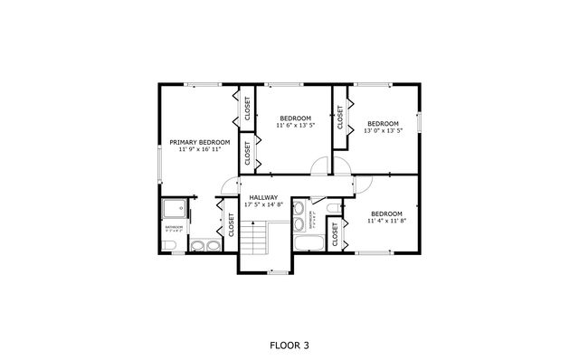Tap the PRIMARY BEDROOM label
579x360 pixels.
click(x=199, y=142)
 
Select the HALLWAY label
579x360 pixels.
click(x=263, y=197)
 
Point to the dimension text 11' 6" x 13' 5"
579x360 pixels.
click(x=295, y=126)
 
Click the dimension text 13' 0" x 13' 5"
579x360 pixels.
click(x=383, y=130)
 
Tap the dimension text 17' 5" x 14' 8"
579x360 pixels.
click(x=263, y=205)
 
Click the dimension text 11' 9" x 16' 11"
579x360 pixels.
click(x=199, y=149)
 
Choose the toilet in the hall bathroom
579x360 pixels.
click(x=332, y=211)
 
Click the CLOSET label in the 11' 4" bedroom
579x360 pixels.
click(x=335, y=235)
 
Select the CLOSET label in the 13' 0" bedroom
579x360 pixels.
click(x=341, y=117)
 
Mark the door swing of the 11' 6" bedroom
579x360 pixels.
click(x=318, y=164)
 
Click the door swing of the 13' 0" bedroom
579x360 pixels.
click(x=342, y=164)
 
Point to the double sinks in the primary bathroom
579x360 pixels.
click(x=204, y=243)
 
